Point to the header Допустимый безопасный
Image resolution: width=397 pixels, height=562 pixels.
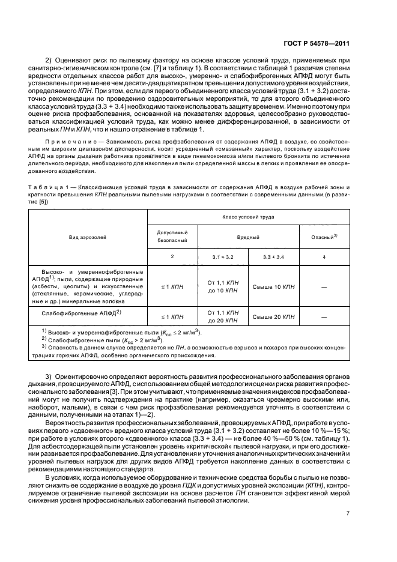[172, 236]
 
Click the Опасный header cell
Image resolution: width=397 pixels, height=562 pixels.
[324, 237]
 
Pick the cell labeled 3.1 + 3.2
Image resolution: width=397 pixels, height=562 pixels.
[223, 256]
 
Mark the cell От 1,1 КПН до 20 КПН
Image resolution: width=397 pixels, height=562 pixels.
[223, 316]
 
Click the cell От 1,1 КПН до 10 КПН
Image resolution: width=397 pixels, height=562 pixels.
[223, 286]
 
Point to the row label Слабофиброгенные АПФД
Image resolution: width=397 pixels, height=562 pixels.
[81, 313]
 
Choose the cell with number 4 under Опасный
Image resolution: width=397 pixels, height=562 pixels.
[324, 256]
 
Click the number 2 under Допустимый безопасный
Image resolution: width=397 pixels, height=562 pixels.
[172, 256]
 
